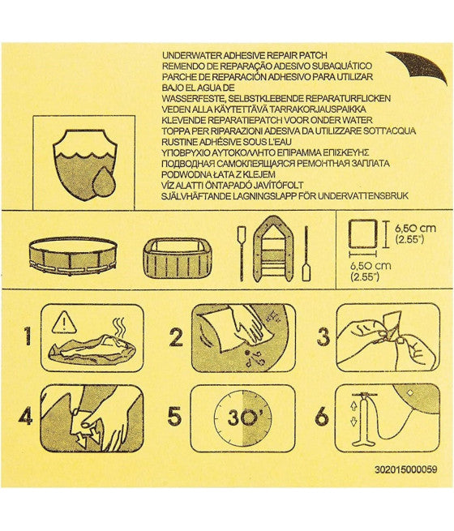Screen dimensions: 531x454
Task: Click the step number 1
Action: [28, 336]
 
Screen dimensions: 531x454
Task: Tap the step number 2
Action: [174, 336]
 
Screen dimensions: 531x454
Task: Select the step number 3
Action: [322, 336]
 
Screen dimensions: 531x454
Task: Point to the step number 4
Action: [26, 418]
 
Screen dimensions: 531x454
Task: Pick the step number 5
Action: [174, 418]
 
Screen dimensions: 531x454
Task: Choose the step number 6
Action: [322, 418]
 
